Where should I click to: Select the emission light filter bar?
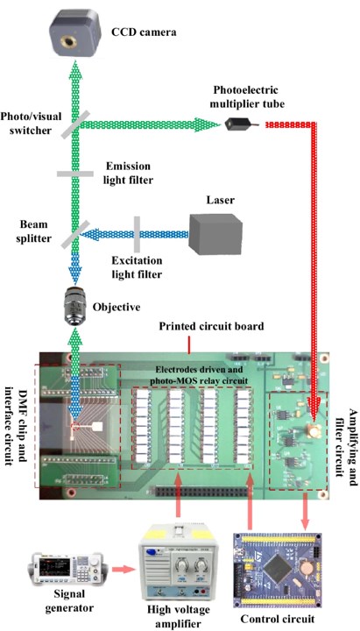[x=74, y=174]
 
